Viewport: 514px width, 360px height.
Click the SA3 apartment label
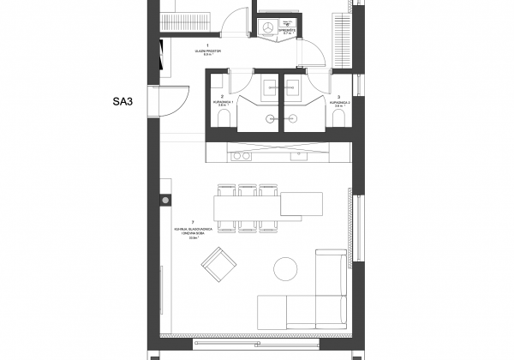coord(125,101)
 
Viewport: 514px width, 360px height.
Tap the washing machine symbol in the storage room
coord(268,29)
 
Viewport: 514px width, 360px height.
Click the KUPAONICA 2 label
coord(340,102)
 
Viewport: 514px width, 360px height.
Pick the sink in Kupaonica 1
coord(268,85)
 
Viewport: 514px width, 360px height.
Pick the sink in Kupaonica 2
coord(294,85)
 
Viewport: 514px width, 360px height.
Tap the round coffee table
coord(286,270)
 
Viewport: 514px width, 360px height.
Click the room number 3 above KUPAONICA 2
coord(340,97)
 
